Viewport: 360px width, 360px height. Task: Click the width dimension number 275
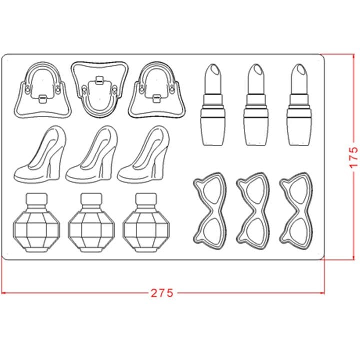(x=162, y=293)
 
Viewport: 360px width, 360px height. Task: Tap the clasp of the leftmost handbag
(x=42, y=98)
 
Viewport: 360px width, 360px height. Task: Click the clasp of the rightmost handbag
(x=157, y=98)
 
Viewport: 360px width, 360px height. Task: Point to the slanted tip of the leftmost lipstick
(x=214, y=69)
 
